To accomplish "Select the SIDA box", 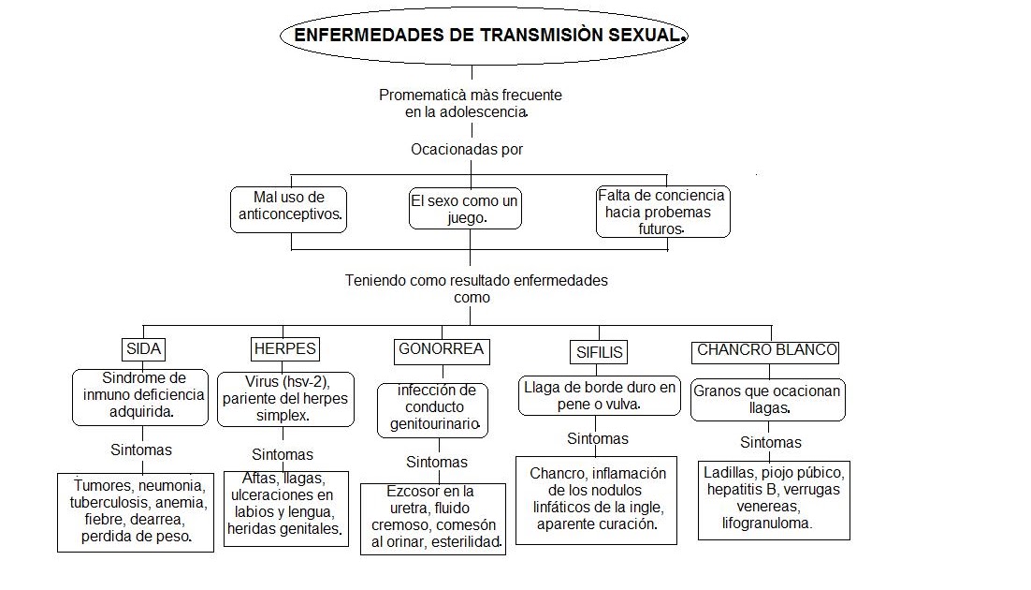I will click(x=143, y=349).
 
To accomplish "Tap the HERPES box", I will click(x=284, y=349).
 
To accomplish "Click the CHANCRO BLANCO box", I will click(x=766, y=351).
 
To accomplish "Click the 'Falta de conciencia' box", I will click(x=662, y=212).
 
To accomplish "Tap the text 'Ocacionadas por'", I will click(x=466, y=149).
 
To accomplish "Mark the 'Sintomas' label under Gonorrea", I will click(x=437, y=462).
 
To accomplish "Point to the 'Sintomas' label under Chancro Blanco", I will click(x=771, y=442).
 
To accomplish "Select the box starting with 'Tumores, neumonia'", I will click(x=136, y=511).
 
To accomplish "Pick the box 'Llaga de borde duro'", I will click(x=600, y=395).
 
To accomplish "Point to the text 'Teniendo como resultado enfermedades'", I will click(x=475, y=280).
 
